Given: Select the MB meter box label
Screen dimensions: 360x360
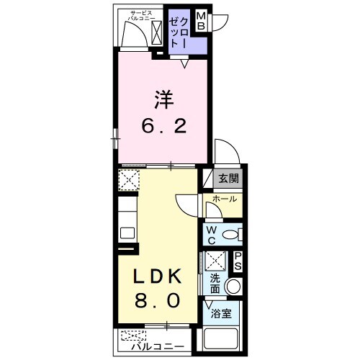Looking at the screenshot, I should [202, 21].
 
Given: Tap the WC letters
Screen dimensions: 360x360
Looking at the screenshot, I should [212, 234].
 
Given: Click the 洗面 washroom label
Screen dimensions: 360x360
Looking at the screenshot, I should [215, 283].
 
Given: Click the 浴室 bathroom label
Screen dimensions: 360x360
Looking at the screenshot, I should [221, 313].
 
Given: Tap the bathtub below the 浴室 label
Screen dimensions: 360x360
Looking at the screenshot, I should [221, 338].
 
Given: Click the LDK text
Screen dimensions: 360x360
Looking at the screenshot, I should [160, 276].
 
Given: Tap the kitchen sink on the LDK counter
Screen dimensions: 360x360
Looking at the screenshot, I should [127, 233].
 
